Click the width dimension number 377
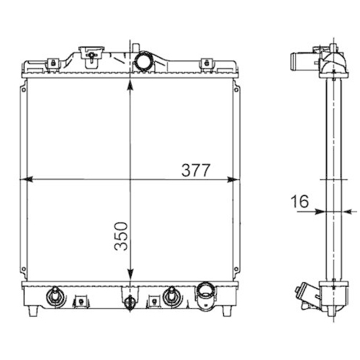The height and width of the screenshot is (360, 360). click(195, 170)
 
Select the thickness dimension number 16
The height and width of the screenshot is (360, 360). click(300, 202)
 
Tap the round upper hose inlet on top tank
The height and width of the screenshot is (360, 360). click(143, 61)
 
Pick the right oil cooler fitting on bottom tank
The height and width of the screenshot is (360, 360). click(171, 294)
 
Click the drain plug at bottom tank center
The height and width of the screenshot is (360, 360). click(130, 302)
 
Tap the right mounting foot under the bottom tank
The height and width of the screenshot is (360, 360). click(228, 311)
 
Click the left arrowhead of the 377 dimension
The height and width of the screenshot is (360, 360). click(29, 179)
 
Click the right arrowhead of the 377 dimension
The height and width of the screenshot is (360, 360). click(232, 179)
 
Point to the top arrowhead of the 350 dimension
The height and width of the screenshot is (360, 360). click(130, 84)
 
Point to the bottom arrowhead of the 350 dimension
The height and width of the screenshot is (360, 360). click(130, 277)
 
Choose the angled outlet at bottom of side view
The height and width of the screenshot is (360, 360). click(307, 295)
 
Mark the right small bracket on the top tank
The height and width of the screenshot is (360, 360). click(206, 63)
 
